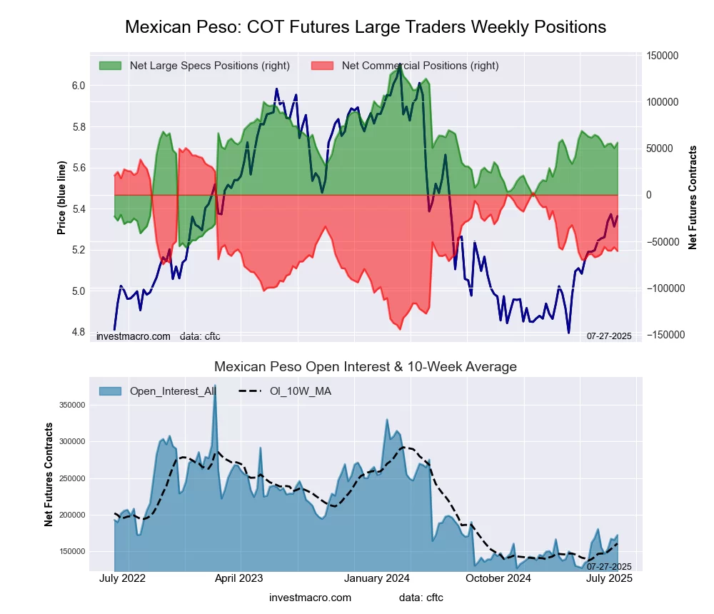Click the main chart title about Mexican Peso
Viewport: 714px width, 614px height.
(366, 27)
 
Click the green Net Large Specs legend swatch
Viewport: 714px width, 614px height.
(111, 66)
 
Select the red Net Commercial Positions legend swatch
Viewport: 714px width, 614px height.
(323, 66)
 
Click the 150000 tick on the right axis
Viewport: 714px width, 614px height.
(662, 56)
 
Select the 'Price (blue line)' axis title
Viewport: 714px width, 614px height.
(62, 198)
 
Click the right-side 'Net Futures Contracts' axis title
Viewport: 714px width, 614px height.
(693, 197)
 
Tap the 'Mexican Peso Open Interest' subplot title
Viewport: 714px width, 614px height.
(366, 367)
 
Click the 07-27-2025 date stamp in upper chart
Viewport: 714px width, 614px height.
(609, 336)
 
